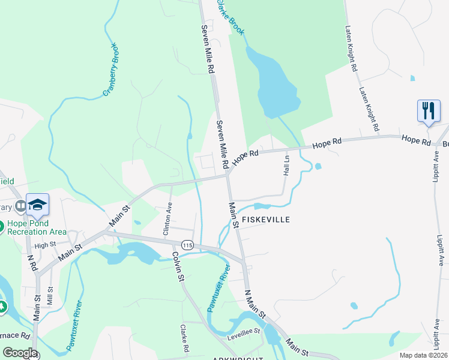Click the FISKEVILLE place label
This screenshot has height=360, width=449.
[266, 220]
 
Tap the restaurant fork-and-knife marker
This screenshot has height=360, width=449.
[429, 111]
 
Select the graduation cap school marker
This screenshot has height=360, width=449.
[37, 205]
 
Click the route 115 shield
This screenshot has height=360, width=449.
[188, 245]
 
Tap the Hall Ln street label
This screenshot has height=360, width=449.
[286, 166]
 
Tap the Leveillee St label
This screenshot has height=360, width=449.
[243, 331]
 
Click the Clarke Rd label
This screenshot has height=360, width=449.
[185, 340]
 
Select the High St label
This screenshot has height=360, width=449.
[45, 245]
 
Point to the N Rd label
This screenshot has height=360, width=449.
[32, 262]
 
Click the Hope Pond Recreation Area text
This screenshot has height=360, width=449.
[36, 227]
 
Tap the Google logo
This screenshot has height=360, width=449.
[20, 353]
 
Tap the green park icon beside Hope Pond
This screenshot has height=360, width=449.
[2, 307]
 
